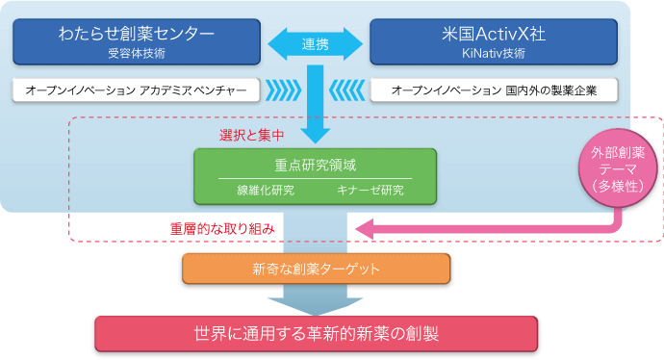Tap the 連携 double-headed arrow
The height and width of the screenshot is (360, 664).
315,43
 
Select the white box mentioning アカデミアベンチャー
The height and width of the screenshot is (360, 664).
136,90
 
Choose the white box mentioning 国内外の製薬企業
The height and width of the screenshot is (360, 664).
494,90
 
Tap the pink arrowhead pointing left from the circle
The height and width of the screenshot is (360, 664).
364,229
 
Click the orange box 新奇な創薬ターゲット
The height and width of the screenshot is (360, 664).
315,269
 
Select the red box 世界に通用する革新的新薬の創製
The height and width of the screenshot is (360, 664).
315,333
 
